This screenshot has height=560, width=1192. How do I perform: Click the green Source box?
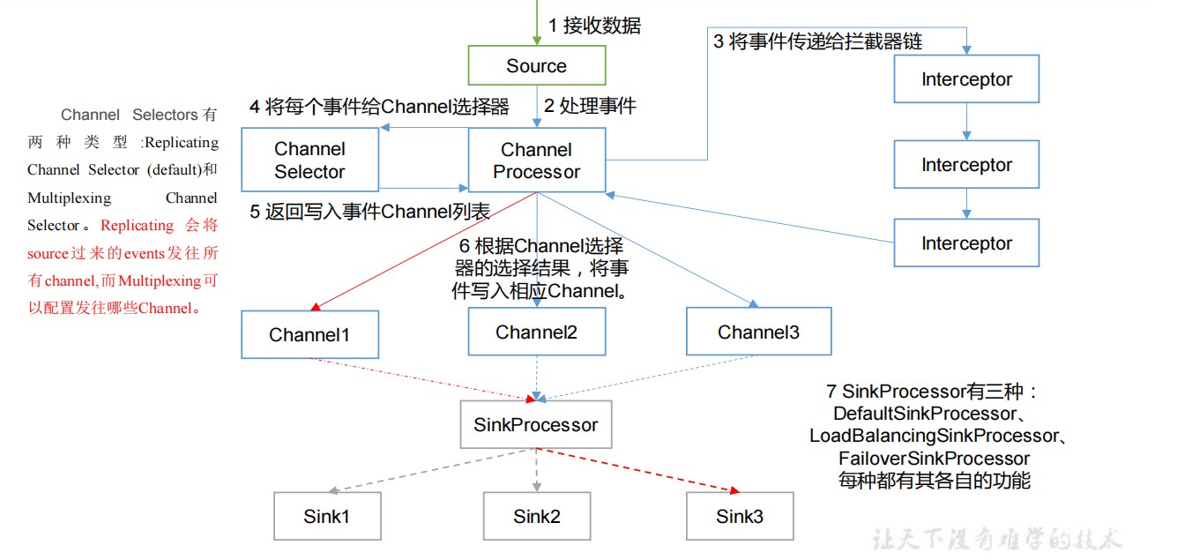pyautogui.click(x=537, y=65)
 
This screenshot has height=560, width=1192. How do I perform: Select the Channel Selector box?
pyautogui.click(x=309, y=160)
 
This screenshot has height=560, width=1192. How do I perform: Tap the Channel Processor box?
pyautogui.click(x=537, y=160)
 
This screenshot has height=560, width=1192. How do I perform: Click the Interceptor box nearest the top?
pyautogui.click(x=966, y=78)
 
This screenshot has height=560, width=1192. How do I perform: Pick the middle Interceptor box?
pyautogui.click(x=966, y=165)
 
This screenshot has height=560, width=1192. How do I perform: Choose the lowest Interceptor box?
pyautogui.click(x=966, y=243)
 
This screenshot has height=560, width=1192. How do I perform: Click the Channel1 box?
pyautogui.click(x=309, y=335)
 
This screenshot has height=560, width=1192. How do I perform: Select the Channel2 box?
pyautogui.click(x=537, y=332)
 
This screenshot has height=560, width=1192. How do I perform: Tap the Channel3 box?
pyautogui.click(x=759, y=332)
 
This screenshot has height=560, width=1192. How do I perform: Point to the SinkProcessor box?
pyautogui.click(x=536, y=425)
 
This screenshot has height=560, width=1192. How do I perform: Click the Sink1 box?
pyautogui.click(x=327, y=517)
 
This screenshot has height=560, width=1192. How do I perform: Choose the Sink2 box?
pyautogui.click(x=537, y=517)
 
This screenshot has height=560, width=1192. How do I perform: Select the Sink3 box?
pyautogui.click(x=740, y=517)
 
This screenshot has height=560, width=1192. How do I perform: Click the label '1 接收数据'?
pyautogui.click(x=594, y=25)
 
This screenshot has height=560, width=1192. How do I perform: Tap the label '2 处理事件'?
pyautogui.click(x=590, y=106)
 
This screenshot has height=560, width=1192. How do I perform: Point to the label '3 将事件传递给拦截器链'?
pyautogui.click(x=817, y=41)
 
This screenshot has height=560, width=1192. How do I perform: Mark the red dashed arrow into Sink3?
pyautogui.click(x=638, y=470)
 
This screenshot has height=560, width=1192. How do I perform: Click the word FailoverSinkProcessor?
pyautogui.click(x=934, y=459)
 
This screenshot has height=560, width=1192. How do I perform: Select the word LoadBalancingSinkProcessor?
pyautogui.click(x=934, y=436)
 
